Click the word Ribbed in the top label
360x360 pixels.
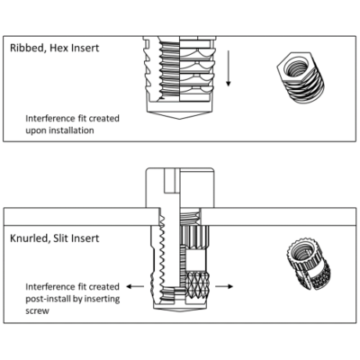[x=27, y=48]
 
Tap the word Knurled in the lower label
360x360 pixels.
[x=29, y=238]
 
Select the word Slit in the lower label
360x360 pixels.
[x=60, y=238]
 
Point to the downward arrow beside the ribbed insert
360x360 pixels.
[x=229, y=68]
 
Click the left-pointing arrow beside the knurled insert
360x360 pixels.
[x=135, y=286]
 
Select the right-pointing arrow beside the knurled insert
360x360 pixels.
[x=224, y=286]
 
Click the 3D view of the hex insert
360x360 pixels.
[x=301, y=78]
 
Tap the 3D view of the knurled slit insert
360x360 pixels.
[x=308, y=264]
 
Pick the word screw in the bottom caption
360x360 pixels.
[x=37, y=311]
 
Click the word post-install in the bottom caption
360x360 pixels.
[x=46, y=300]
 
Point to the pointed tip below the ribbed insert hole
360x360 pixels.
[x=180, y=119]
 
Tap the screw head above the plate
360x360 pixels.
[x=180, y=187]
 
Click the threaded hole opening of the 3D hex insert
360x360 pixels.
[x=294, y=67]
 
